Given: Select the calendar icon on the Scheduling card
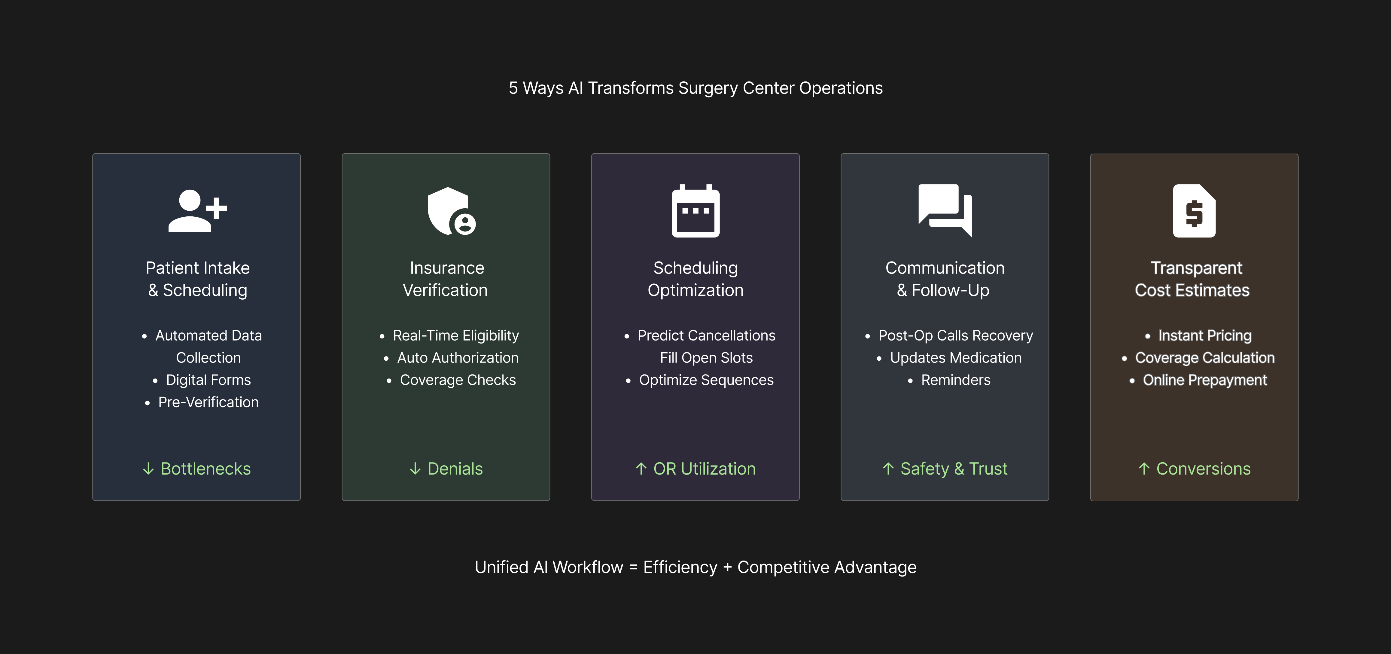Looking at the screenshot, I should pos(695,211).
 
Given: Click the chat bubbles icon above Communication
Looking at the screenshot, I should pos(945,210).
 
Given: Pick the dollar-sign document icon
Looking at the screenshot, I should pos(1194,211).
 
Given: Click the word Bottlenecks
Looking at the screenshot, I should pos(206,469).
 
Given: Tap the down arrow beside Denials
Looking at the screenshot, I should pos(415,469).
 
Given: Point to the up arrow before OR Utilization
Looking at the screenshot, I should pos(641,469).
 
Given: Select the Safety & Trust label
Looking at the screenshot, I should pos(954,469).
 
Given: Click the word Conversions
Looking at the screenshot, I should pos(1203,469).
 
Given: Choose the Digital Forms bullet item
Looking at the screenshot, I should pos(208,380).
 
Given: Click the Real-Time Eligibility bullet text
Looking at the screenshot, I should pos(456,335).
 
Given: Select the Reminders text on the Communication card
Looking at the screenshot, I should pos(956,380).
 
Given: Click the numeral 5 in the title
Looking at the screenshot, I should pos(513,88).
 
